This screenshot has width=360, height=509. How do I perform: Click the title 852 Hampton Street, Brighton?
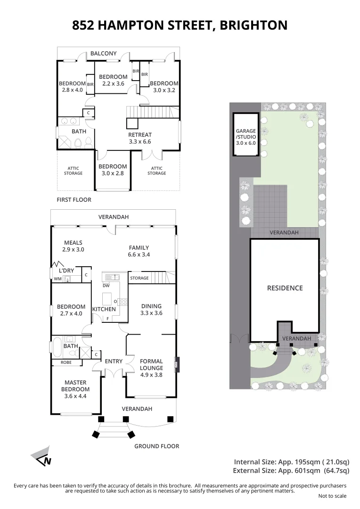(180, 25)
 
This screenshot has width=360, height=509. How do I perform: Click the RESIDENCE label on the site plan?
(285, 288)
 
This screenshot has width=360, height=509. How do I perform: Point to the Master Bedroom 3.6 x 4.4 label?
(75, 386)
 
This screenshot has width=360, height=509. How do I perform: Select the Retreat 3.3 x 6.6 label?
(140, 138)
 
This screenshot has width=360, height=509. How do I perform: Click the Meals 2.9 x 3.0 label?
(73, 246)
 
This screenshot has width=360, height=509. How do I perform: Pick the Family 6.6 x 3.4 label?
(139, 251)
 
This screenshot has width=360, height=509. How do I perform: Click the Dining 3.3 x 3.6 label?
(151, 309)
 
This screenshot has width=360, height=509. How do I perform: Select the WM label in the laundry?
(57, 279)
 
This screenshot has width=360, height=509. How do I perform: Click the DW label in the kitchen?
(106, 285)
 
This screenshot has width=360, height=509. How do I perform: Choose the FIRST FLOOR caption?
(74, 200)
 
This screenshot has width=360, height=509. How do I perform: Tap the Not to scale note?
(332, 496)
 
